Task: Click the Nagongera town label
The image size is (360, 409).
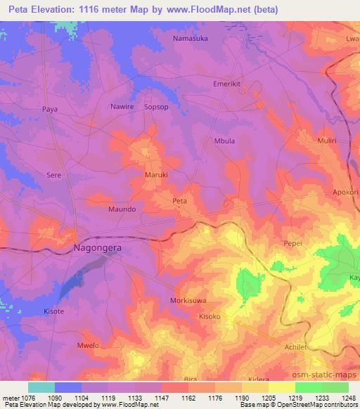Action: (x=97, y=248)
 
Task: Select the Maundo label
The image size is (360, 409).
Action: (x=122, y=209)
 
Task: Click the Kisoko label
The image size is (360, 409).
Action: (x=210, y=316)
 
